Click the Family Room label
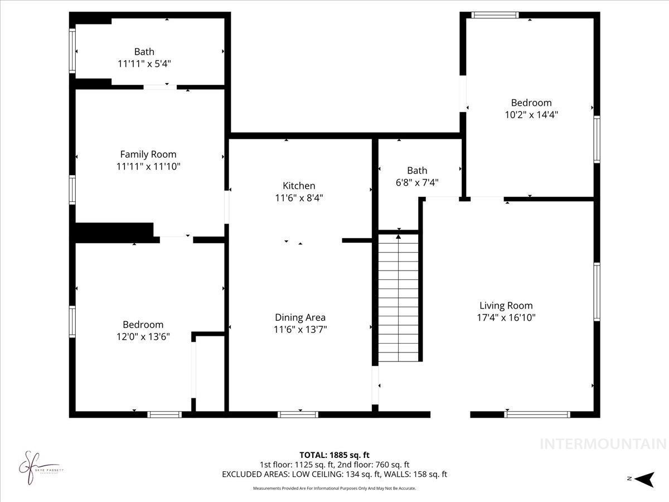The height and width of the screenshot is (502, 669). [148, 155]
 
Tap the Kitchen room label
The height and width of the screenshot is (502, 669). [299, 186]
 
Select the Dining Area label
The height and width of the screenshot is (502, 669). [300, 317]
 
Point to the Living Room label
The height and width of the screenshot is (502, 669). [506, 306]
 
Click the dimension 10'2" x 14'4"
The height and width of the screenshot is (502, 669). [531, 115]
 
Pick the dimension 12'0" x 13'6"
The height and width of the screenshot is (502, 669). [143, 336]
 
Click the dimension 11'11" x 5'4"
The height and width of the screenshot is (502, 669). [144, 64]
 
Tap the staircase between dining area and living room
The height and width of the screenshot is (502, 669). [398, 298]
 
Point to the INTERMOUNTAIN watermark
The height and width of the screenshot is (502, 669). [603, 444]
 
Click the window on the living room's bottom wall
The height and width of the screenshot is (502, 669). [537, 414]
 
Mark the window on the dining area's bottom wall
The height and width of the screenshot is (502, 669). [298, 414]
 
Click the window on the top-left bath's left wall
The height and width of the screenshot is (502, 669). [72, 51]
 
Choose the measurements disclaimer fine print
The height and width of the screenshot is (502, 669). [334, 489]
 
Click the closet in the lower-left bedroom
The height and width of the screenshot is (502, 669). [209, 374]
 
